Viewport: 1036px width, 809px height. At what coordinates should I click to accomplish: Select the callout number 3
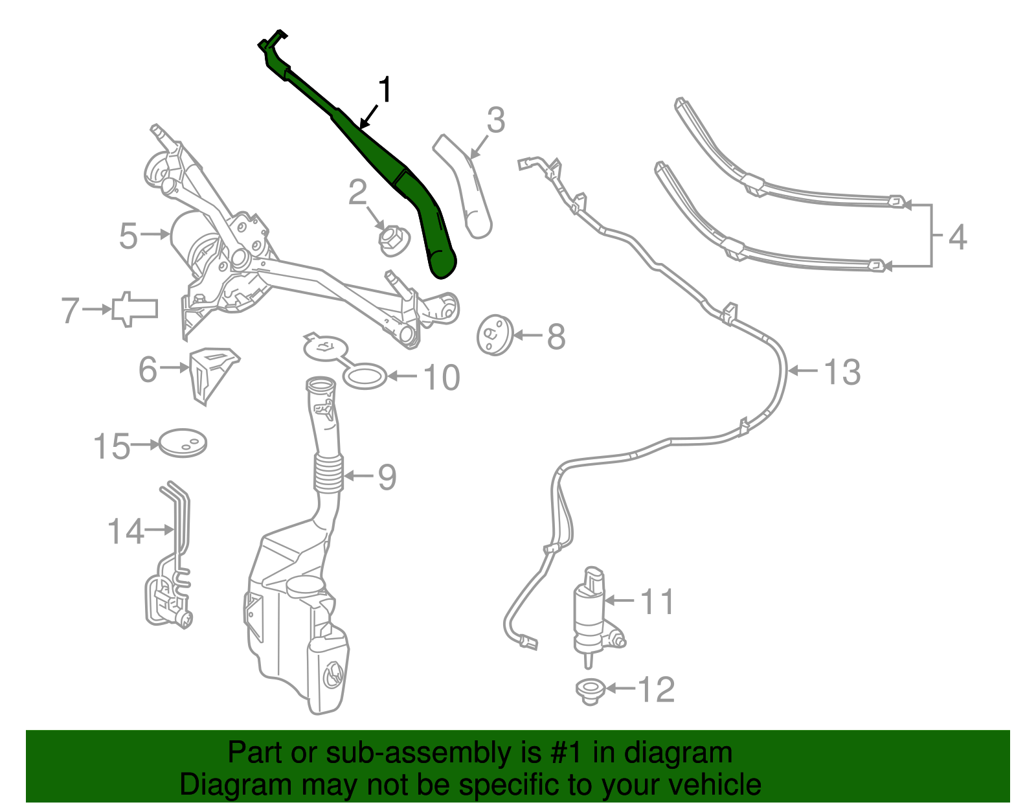coord(495,120)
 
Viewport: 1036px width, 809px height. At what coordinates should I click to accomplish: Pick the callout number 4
coord(957,237)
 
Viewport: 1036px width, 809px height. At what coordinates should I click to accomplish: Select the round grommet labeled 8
coord(494,335)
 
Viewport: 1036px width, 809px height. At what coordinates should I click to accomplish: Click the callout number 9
coord(387,477)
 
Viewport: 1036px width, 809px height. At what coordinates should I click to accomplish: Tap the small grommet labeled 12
coord(589,690)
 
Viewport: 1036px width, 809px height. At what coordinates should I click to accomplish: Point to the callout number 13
coord(842,372)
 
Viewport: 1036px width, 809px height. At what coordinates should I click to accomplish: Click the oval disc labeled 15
coord(183,443)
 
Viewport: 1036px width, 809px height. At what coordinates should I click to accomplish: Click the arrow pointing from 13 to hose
coord(804,371)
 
